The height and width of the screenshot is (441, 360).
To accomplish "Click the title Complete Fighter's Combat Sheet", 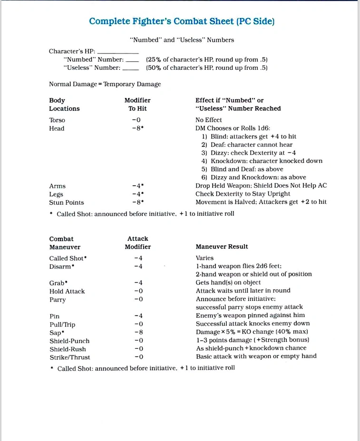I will click(x=182, y=21).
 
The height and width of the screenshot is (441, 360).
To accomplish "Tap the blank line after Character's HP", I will click(x=117, y=51).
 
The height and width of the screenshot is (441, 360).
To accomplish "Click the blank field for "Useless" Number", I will click(x=130, y=68).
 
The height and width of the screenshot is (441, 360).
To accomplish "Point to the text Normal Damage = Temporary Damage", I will click(x=105, y=84).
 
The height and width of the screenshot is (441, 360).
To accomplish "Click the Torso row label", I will click(x=57, y=120).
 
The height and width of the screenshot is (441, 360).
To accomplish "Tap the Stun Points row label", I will click(x=66, y=202).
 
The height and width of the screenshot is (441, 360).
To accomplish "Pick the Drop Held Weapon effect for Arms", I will click(x=261, y=186).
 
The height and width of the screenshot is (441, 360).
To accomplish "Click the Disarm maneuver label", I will click(x=61, y=267).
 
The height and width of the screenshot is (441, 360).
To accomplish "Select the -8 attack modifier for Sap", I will click(x=138, y=332).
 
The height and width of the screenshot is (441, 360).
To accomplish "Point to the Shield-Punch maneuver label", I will click(x=69, y=341).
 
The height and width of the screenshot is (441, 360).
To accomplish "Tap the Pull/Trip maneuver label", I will click(x=62, y=325).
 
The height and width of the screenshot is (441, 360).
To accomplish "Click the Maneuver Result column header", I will click(x=222, y=247).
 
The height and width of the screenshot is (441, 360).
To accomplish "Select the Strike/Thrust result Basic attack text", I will click(x=256, y=356).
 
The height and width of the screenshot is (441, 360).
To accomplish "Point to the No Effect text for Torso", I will click(x=208, y=120).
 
